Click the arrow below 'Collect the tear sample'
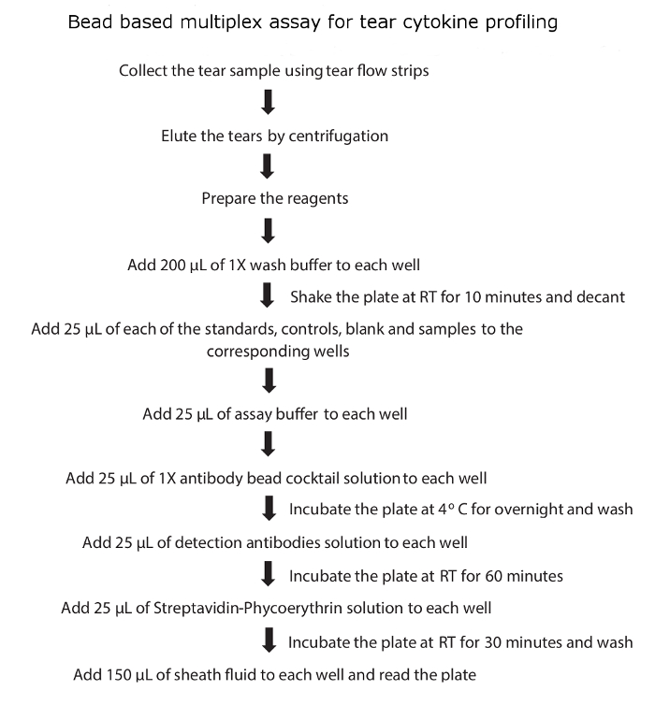coord(269,101)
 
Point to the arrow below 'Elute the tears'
coord(269,165)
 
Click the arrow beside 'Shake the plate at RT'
coord(267,295)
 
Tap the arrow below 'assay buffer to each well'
coord(269,442)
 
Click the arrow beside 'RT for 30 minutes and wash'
coord(269,640)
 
